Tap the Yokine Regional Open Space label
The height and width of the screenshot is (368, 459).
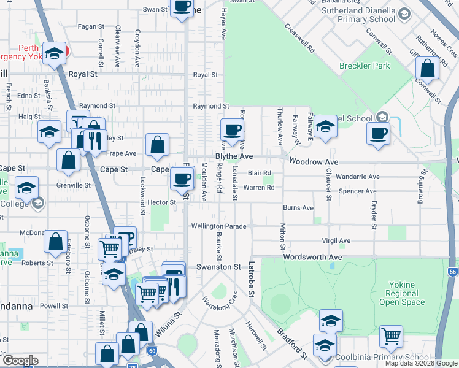click(x=402, y=293)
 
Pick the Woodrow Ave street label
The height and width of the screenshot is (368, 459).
click(x=314, y=162)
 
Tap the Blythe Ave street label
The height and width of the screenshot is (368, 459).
click(x=234, y=157)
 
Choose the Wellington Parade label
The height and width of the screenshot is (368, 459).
click(x=218, y=226)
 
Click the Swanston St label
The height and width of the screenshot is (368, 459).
click(x=218, y=267)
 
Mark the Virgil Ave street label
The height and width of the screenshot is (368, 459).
click(x=335, y=241)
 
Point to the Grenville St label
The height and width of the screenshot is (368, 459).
click(x=75, y=185)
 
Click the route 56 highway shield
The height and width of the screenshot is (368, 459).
click(x=453, y=272)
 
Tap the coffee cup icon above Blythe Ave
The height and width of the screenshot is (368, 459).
click(x=232, y=130)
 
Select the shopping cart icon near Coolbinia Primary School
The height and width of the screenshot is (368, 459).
click(x=391, y=336)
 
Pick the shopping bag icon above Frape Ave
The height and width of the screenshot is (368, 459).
click(x=158, y=145)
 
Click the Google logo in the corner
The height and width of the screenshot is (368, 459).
click(x=20, y=361)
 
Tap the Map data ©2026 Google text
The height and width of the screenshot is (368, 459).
click(x=421, y=363)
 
